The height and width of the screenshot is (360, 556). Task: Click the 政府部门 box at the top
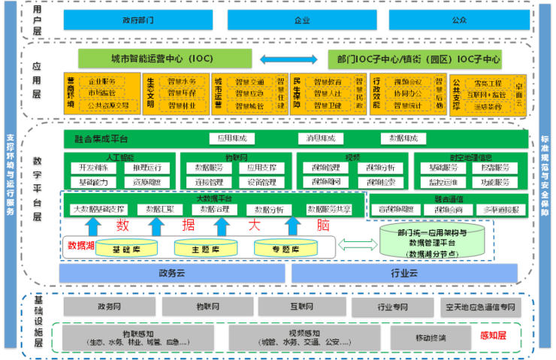(x=137, y=20)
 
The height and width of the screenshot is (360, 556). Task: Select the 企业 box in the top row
(x=302, y=20)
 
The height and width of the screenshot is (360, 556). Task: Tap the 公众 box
(x=460, y=20)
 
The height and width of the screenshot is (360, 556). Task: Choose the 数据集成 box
(x=398, y=138)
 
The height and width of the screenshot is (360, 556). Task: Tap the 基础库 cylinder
(x=125, y=248)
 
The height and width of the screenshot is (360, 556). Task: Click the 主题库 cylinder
(x=205, y=248)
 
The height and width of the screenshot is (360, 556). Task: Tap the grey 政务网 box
(x=109, y=307)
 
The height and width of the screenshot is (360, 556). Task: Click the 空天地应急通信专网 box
(x=480, y=307)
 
